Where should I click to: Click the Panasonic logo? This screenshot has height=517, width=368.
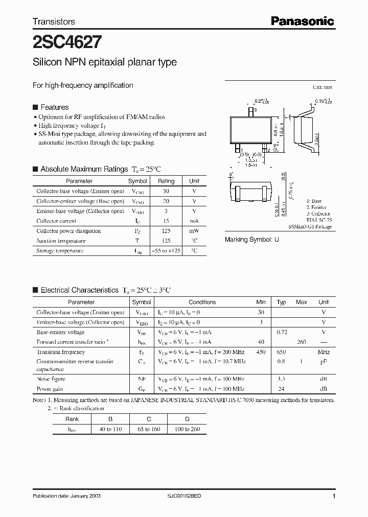(302, 21)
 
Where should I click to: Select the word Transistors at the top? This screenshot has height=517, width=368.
(54, 21)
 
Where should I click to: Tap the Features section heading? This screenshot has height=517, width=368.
(54, 107)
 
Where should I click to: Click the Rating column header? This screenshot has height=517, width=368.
(166, 181)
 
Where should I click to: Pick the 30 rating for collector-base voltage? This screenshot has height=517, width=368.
(166, 191)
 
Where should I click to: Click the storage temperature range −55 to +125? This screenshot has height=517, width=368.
(166, 251)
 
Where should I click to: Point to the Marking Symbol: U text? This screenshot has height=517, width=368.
(252, 240)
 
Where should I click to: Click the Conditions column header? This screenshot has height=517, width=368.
(202, 302)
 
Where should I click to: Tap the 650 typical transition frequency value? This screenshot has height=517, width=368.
(281, 352)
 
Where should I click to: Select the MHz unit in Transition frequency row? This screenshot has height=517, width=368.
(323, 352)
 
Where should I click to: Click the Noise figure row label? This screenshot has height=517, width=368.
(51, 379)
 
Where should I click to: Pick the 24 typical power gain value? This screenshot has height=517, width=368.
(281, 389)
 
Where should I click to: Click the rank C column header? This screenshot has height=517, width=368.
(149, 419)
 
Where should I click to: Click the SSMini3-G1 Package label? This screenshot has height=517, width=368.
(310, 226)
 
